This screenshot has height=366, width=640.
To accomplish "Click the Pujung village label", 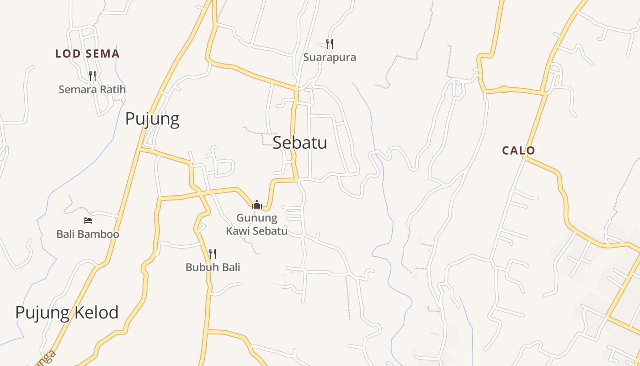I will (152, 119).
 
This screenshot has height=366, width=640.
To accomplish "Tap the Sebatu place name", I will (300, 143).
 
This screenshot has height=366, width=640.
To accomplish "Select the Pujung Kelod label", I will (67, 312).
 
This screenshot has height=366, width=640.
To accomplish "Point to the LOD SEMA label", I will (87, 54).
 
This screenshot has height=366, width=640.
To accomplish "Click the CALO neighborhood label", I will (518, 151).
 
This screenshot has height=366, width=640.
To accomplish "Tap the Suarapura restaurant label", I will (330, 58).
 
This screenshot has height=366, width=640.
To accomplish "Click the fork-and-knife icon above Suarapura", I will (329, 44).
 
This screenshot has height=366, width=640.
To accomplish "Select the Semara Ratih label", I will (92, 89).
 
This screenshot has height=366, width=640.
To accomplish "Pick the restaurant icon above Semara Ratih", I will (92, 75).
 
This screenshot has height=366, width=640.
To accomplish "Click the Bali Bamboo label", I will (88, 234).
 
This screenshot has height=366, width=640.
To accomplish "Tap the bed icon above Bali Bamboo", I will (88, 221).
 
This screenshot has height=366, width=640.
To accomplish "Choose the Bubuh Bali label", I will (213, 267).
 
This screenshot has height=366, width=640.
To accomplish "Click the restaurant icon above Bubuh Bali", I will (213, 253).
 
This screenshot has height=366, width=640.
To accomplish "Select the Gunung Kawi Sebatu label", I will (257, 224).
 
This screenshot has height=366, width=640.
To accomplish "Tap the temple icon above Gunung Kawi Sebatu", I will (257, 205).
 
